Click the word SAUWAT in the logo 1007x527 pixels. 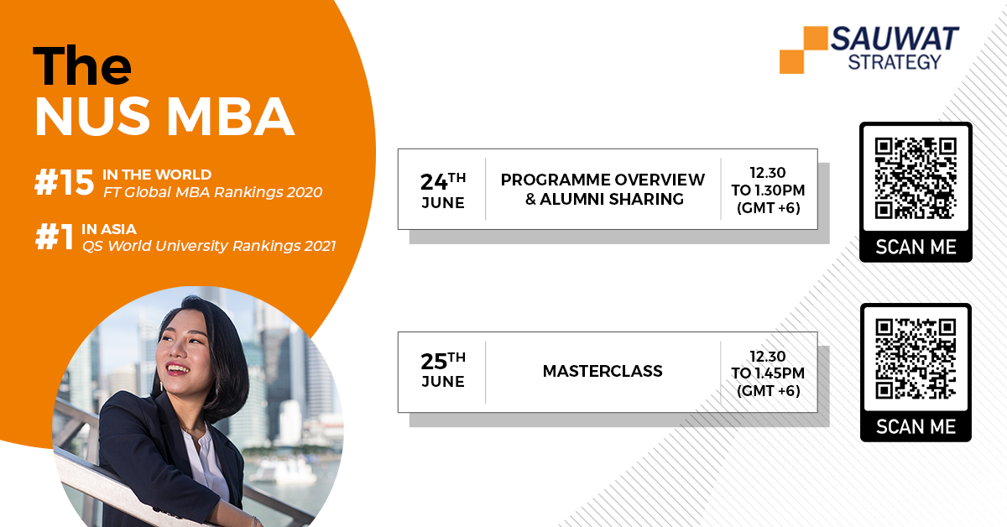(895, 39)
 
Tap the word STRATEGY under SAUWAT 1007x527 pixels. (895, 62)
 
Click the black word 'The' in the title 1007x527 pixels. (82, 65)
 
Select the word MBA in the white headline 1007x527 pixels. (231, 117)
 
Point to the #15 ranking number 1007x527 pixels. (65, 183)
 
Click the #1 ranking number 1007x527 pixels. (54, 237)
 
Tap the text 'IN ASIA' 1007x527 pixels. (109, 229)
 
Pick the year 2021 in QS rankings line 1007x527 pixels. (320, 246)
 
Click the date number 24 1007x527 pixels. (434, 182)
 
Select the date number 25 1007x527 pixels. (434, 362)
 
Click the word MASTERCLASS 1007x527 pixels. (603, 371)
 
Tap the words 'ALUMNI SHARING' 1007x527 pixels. (612, 199)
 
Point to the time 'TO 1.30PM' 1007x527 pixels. (768, 190)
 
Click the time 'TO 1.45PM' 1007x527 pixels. (768, 373)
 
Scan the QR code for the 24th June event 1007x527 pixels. (916, 179)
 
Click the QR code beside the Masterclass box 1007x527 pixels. (916, 359)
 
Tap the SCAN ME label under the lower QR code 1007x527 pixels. (916, 427)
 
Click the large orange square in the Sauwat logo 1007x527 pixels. (816, 39)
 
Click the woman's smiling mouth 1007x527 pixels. (178, 369)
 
